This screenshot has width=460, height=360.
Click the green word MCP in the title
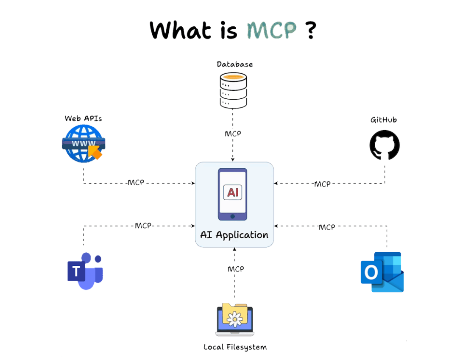click(272, 30)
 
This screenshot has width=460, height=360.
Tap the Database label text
click(234, 64)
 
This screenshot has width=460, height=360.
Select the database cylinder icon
click(233, 90)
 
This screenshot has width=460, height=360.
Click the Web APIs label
click(83, 118)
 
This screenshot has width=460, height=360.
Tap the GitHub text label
click(384, 120)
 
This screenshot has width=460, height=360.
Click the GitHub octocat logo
click(385, 145)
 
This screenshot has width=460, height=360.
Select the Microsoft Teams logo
click(86, 271)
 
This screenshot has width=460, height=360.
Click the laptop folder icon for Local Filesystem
click(234, 319)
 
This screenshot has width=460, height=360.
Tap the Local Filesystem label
click(235, 347)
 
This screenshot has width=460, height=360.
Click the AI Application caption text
click(234, 235)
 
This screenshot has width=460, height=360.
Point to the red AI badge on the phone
click(232, 192)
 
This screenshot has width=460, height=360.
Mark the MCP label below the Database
click(233, 134)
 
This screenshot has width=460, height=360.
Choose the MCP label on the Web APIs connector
click(136, 183)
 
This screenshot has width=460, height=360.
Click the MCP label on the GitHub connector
click(322, 184)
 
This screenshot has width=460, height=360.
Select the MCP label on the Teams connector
click(143, 226)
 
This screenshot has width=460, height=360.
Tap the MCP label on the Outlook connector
click(327, 227)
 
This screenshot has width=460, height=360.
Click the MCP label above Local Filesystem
click(236, 269)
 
